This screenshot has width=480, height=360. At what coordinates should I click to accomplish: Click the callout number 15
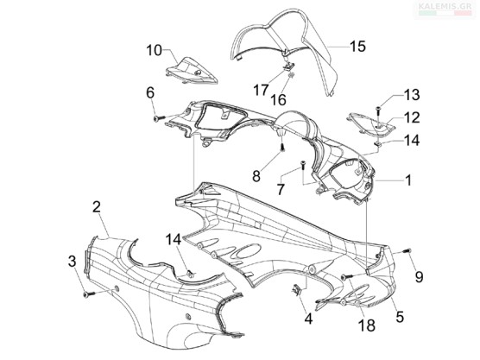(358, 47)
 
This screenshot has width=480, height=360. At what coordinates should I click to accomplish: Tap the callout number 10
(154, 51)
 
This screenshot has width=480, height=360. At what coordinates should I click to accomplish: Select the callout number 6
(150, 92)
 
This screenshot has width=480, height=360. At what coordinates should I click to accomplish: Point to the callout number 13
(412, 95)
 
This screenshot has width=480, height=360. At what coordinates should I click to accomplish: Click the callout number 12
(412, 117)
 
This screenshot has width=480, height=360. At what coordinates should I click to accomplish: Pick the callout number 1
(408, 180)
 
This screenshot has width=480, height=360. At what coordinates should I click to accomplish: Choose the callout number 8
(256, 176)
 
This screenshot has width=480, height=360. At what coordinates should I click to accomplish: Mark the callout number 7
(281, 189)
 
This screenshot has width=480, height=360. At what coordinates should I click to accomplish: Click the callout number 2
(97, 207)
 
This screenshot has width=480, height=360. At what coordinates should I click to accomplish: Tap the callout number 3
(72, 261)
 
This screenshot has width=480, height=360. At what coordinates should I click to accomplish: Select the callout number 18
(367, 325)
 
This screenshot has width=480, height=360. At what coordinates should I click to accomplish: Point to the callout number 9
(419, 277)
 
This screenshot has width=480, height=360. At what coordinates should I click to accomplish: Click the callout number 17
(261, 91)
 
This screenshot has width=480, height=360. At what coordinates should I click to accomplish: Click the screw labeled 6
(159, 118)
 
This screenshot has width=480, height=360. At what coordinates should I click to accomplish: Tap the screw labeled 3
(89, 294)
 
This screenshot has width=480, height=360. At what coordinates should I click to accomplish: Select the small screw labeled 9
(407, 250)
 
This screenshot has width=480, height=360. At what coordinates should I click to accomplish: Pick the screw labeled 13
(379, 110)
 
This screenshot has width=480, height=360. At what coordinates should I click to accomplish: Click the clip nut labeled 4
(297, 289)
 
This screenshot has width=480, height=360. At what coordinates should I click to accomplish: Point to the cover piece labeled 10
(192, 71)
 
